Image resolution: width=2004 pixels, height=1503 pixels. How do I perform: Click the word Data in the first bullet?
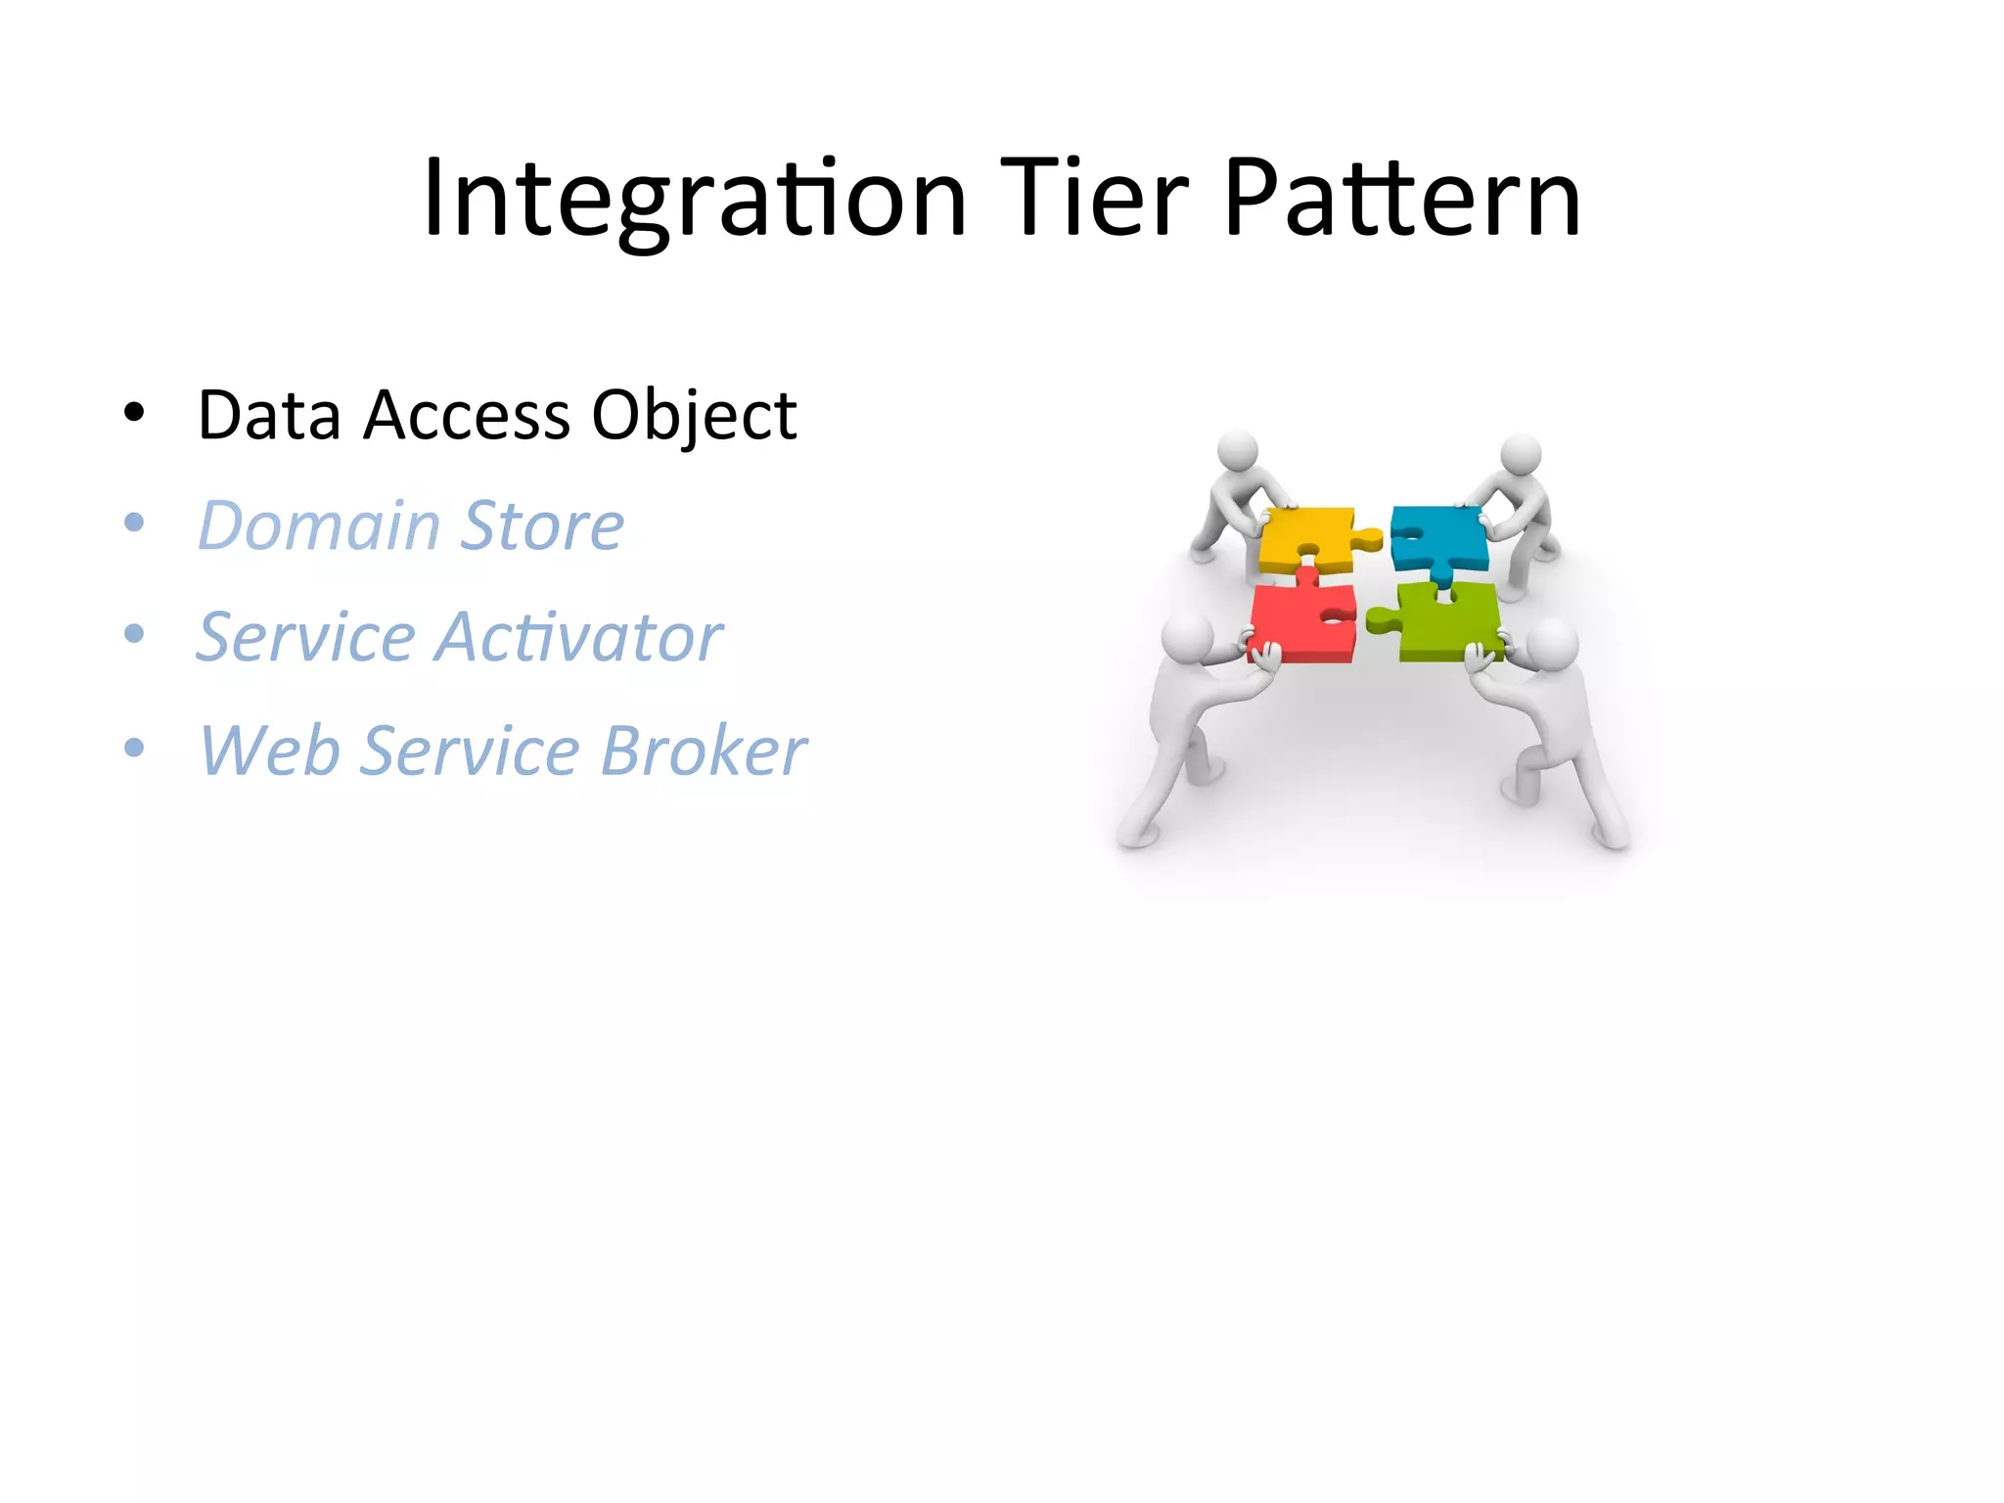(269, 415)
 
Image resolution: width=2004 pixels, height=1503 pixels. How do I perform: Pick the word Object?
(694, 415)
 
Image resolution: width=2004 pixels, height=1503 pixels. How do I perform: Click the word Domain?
(319, 525)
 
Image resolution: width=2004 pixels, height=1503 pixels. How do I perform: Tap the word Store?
(542, 525)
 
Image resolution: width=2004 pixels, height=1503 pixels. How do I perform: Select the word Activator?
(579, 637)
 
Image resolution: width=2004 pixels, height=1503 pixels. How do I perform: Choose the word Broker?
(704, 751)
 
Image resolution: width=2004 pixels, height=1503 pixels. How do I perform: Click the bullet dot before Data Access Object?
(134, 413)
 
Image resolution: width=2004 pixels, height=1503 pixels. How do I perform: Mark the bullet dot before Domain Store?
(134, 524)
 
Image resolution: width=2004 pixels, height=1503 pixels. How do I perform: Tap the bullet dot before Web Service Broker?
(134, 749)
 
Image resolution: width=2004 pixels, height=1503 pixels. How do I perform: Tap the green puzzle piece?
(1448, 623)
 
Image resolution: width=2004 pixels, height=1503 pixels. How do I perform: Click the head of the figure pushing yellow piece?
(1238, 450)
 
